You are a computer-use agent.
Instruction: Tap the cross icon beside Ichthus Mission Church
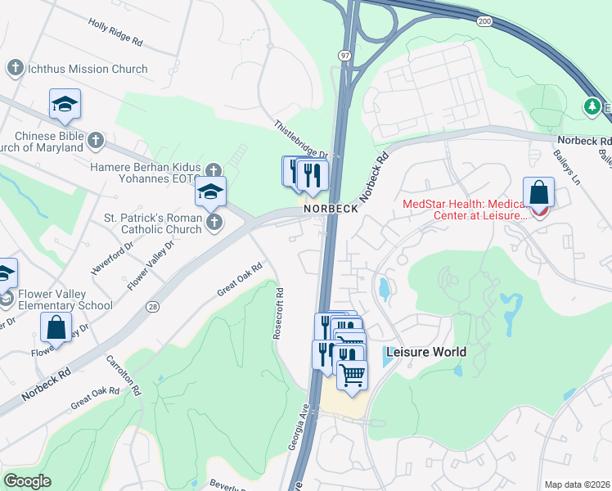point(15,69)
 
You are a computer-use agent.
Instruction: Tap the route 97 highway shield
point(344,53)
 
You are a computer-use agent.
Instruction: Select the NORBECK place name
point(331,209)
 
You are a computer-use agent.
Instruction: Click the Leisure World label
point(425,352)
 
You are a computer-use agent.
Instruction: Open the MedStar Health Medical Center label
point(466,209)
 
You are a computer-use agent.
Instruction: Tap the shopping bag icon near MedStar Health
point(539,193)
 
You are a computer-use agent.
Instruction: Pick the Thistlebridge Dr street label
point(301,141)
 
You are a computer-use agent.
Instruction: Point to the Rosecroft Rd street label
point(280,313)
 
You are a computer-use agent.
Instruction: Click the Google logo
point(27,481)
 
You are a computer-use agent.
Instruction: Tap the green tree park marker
point(591,106)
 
